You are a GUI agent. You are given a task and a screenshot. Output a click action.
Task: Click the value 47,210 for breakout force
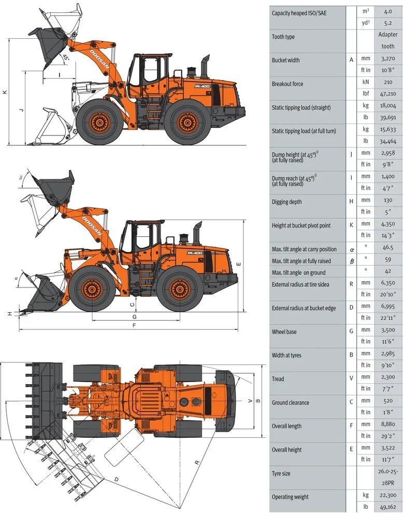pyautogui.click(x=387, y=94)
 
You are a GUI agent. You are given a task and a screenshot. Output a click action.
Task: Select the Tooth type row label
pyautogui.click(x=283, y=37)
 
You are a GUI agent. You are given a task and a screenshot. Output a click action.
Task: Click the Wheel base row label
pyautogui.click(x=284, y=331)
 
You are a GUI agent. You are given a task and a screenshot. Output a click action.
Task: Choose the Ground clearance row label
pyautogui.click(x=291, y=402)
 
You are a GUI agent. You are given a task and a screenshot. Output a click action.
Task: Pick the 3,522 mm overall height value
pyautogui.click(x=387, y=449)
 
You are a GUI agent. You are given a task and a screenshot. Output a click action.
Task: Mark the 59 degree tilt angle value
pyautogui.click(x=387, y=260)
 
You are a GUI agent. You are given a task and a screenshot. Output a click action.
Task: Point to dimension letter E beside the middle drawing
pyautogui.click(x=239, y=264)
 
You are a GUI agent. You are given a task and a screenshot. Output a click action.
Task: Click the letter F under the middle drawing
pyautogui.click(x=134, y=325)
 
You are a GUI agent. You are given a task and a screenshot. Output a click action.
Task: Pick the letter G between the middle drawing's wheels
pyautogui.click(x=134, y=316)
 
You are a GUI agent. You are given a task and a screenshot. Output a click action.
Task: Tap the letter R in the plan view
pyautogui.click(x=197, y=463)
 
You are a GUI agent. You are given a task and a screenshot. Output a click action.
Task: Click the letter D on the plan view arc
pyautogui.click(x=116, y=479)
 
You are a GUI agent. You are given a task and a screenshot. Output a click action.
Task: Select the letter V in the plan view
pyautogui.click(x=250, y=401)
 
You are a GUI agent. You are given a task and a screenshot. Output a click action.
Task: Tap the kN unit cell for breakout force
pyautogui.click(x=366, y=82)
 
